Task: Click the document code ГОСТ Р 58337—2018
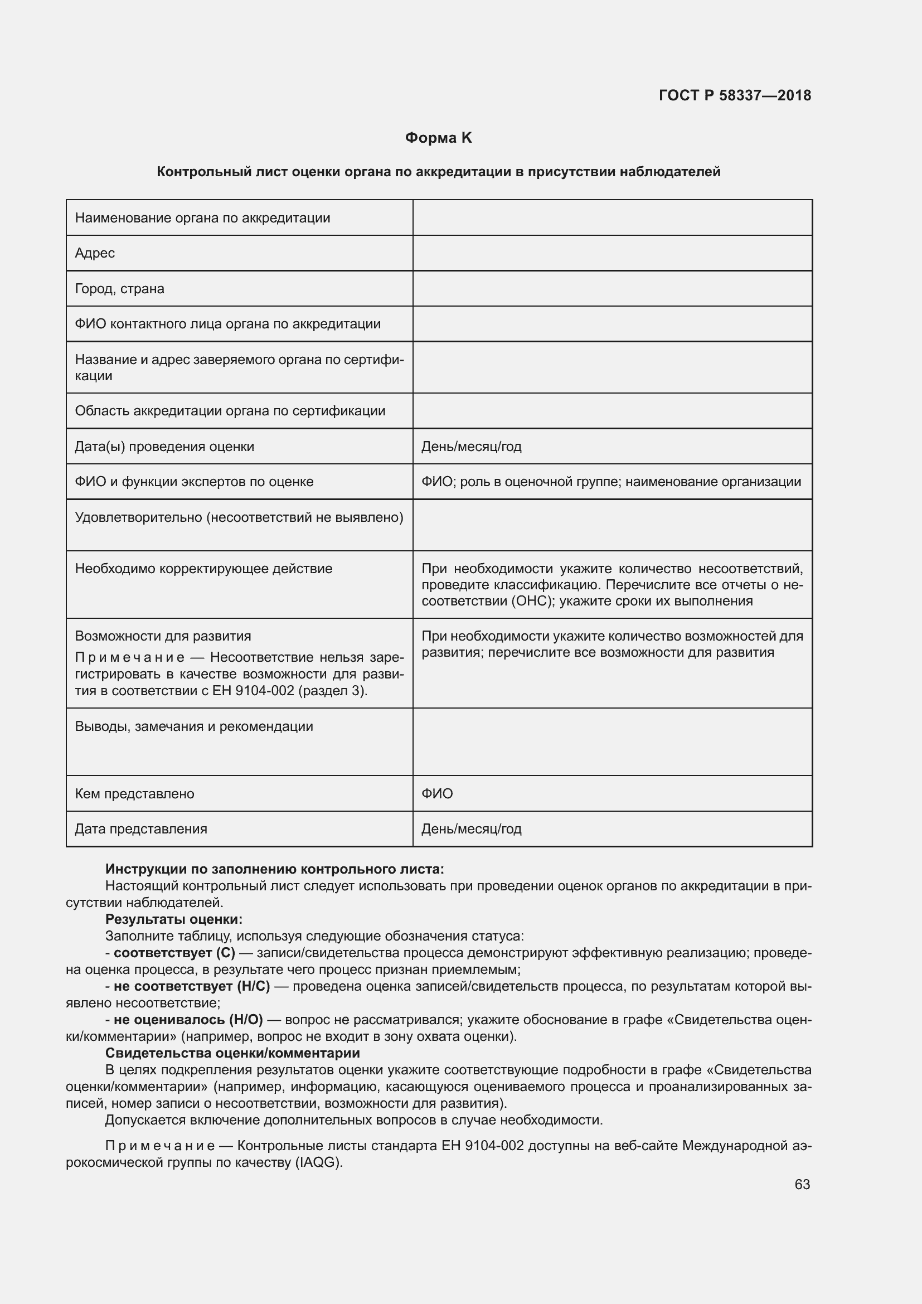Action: tap(735, 95)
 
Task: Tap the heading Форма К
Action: tap(438, 138)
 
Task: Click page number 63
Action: tap(802, 1184)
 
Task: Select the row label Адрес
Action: tap(95, 253)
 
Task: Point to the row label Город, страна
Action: tap(120, 289)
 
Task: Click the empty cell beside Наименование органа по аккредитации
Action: tap(612, 218)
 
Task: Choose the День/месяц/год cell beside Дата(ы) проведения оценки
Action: tap(471, 447)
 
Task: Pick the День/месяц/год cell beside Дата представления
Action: tap(471, 828)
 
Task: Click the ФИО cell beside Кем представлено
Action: tap(437, 793)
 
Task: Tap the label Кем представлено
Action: tap(134, 793)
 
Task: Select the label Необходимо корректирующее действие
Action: tap(203, 569)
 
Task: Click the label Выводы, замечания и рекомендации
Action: tap(193, 726)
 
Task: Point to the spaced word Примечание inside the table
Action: tap(130, 658)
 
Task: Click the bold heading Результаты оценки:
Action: tap(174, 919)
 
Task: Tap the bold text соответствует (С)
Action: tap(174, 952)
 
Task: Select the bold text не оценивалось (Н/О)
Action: tap(188, 1020)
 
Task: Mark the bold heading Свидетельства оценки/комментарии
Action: tap(232, 1053)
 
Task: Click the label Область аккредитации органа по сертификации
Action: tap(230, 411)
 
